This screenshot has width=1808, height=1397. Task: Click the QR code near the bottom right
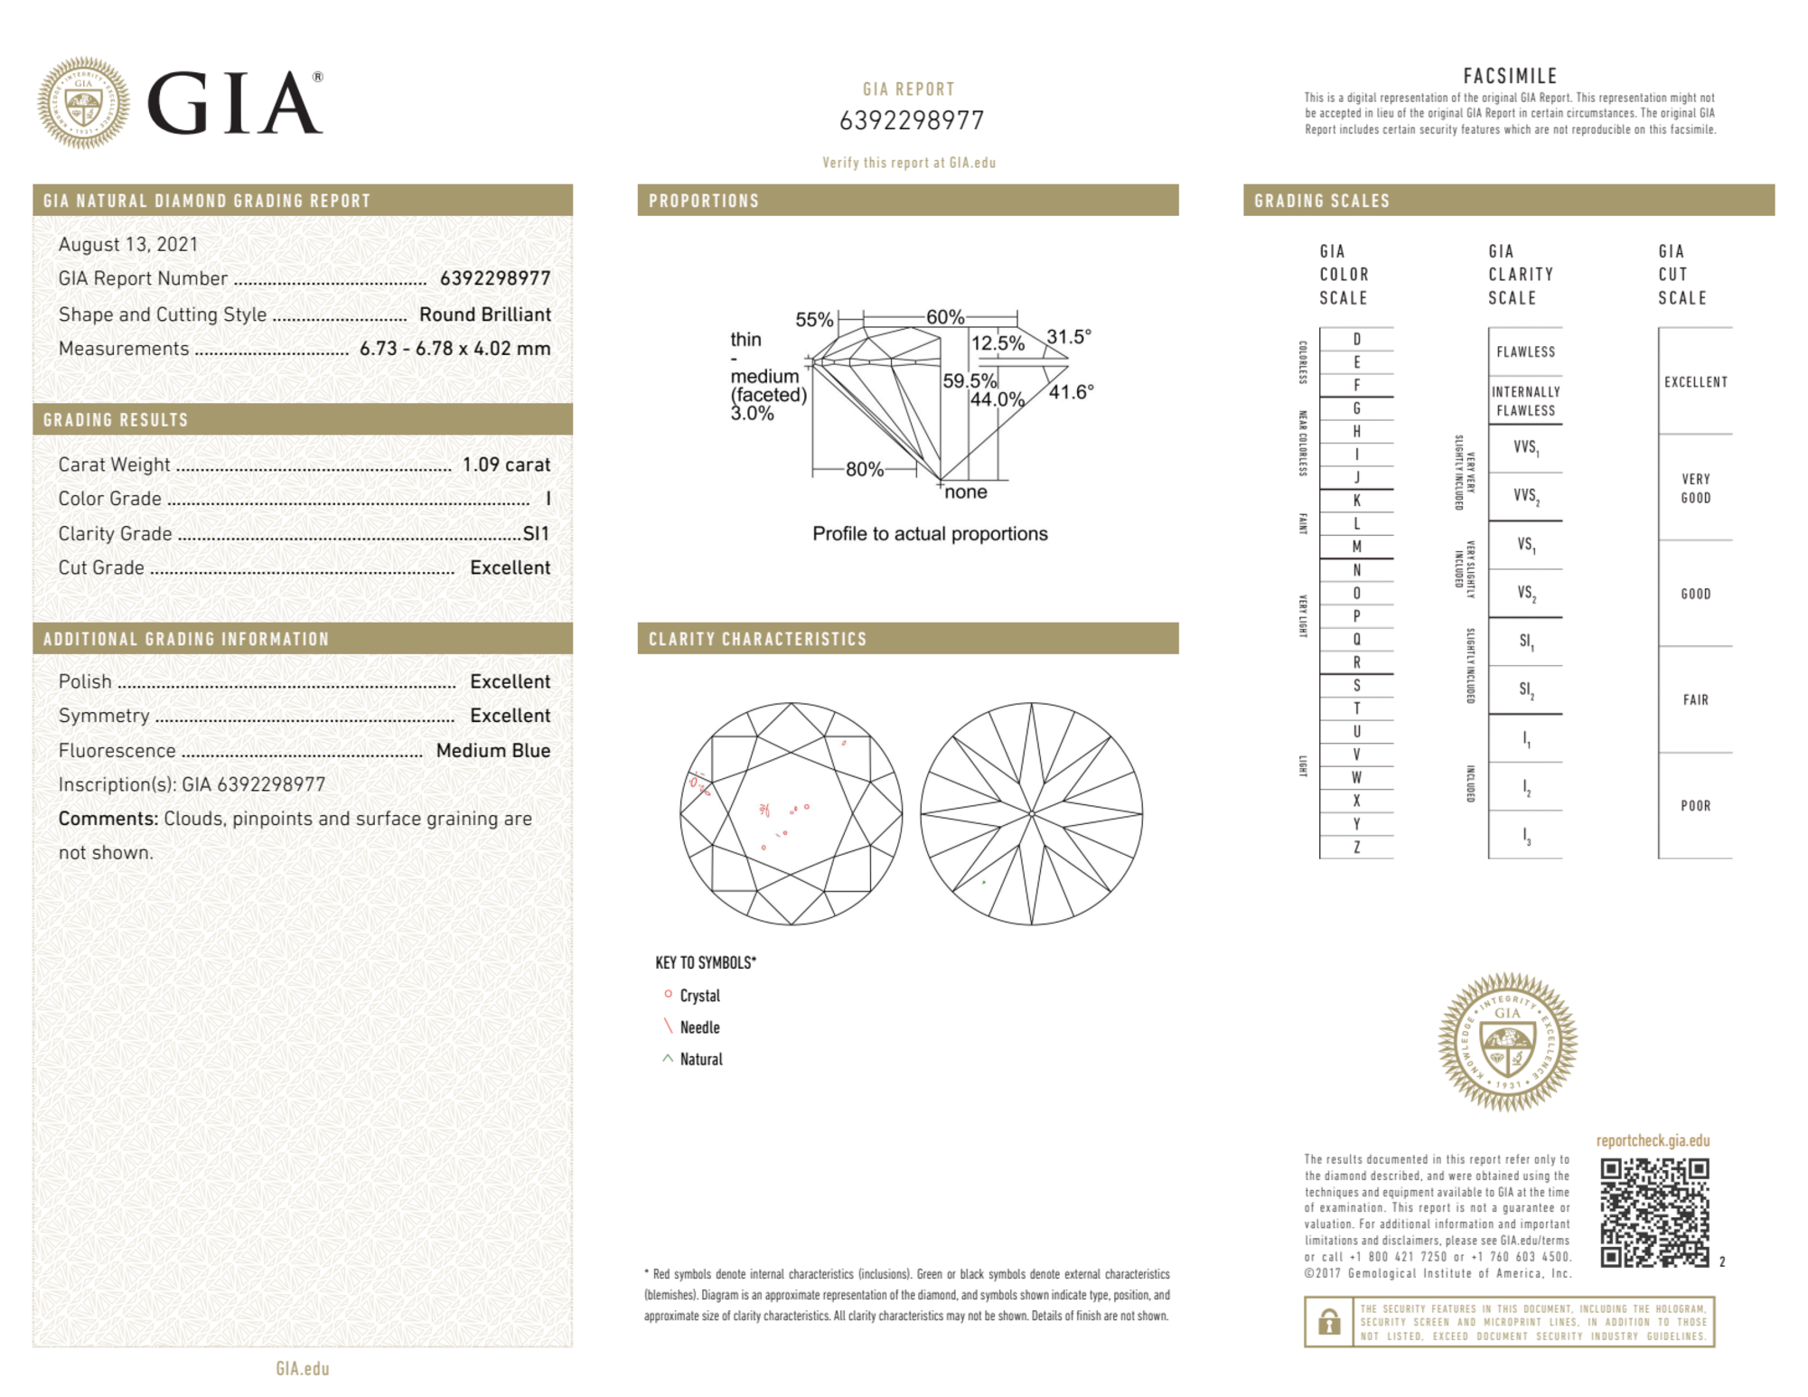pyautogui.click(x=1654, y=1213)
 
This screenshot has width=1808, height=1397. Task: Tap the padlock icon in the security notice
pyautogui.click(x=1329, y=1322)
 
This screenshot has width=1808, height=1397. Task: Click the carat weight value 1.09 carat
pyautogui.click(x=506, y=464)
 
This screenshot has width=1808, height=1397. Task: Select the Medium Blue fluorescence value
pyautogui.click(x=492, y=750)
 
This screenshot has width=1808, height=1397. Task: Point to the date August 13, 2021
pyautogui.click(x=128, y=244)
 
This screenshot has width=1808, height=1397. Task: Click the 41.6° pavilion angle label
pyautogui.click(x=1071, y=392)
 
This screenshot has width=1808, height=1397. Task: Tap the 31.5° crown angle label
pyautogui.click(x=1069, y=337)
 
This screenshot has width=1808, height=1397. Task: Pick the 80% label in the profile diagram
pyautogui.click(x=864, y=469)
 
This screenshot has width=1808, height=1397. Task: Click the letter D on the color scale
pyautogui.click(x=1356, y=339)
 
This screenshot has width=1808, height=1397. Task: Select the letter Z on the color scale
pyautogui.click(x=1356, y=847)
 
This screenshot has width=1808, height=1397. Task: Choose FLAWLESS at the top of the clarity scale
pyautogui.click(x=1525, y=352)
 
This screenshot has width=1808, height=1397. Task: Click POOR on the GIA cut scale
pyautogui.click(x=1695, y=806)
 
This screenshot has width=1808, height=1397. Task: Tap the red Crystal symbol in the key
pyautogui.click(x=669, y=994)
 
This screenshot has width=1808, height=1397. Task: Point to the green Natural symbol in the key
pyautogui.click(x=668, y=1058)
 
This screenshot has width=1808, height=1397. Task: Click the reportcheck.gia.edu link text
pyautogui.click(x=1653, y=1140)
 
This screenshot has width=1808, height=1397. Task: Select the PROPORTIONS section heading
pyautogui.click(x=704, y=201)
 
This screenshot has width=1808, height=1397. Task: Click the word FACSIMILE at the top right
pyautogui.click(x=1510, y=76)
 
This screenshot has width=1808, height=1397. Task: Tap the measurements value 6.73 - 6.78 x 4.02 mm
pyautogui.click(x=454, y=349)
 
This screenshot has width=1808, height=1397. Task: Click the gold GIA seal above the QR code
pyautogui.click(x=1508, y=1042)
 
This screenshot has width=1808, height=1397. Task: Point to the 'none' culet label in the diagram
pyautogui.click(x=965, y=492)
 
